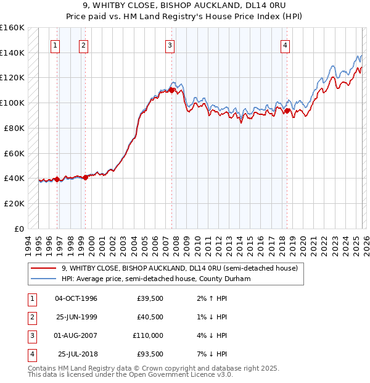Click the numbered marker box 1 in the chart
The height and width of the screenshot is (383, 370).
[55, 44]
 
